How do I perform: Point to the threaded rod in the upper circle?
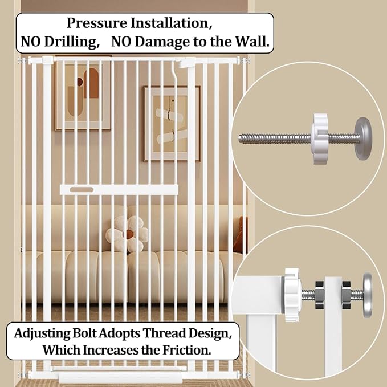(274, 138)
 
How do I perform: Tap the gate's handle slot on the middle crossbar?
(84, 188)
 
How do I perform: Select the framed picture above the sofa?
(172, 123)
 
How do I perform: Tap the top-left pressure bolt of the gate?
(23, 59)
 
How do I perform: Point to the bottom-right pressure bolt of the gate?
(246, 374)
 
